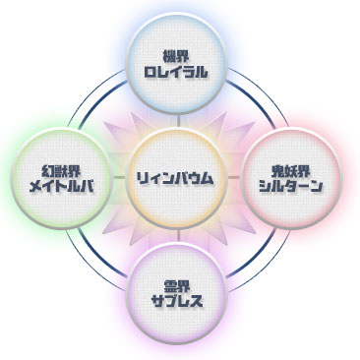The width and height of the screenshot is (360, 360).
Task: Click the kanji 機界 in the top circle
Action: pyautogui.click(x=176, y=56)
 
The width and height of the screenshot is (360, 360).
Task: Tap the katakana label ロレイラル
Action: pyautogui.click(x=176, y=72)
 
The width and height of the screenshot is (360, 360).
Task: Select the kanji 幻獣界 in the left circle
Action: pyautogui.click(x=62, y=170)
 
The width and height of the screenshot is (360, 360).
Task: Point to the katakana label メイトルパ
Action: pyautogui.click(x=62, y=186)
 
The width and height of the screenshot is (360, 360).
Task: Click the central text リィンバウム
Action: pyautogui.click(x=176, y=178)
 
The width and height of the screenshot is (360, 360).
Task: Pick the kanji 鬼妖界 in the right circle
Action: pyautogui.click(x=291, y=170)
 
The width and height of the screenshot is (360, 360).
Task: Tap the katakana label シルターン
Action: pyautogui.click(x=291, y=186)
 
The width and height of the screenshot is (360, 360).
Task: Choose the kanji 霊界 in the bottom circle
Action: pyautogui.click(x=176, y=285)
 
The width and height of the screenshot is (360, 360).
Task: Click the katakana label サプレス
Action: pyautogui.click(x=176, y=301)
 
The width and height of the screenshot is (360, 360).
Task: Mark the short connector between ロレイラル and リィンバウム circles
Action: pyautogui.click(x=179, y=121)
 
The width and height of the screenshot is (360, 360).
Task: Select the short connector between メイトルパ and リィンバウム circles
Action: pyautogui.click(x=119, y=177)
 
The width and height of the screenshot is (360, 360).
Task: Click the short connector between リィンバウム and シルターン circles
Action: pyautogui.click(x=234, y=177)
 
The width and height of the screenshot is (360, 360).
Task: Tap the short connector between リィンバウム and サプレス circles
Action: pyautogui.click(x=179, y=235)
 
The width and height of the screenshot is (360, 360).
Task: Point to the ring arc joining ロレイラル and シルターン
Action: pyautogui.click(x=259, y=96)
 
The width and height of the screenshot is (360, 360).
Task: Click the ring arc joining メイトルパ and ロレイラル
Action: pyautogui.click(x=96, y=96)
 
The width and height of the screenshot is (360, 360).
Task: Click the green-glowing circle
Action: pyautogui.click(x=62, y=178)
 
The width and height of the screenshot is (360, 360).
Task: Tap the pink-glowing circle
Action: pyautogui.click(x=291, y=178)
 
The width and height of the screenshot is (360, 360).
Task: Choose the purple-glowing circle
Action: pyautogui.click(x=176, y=293)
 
